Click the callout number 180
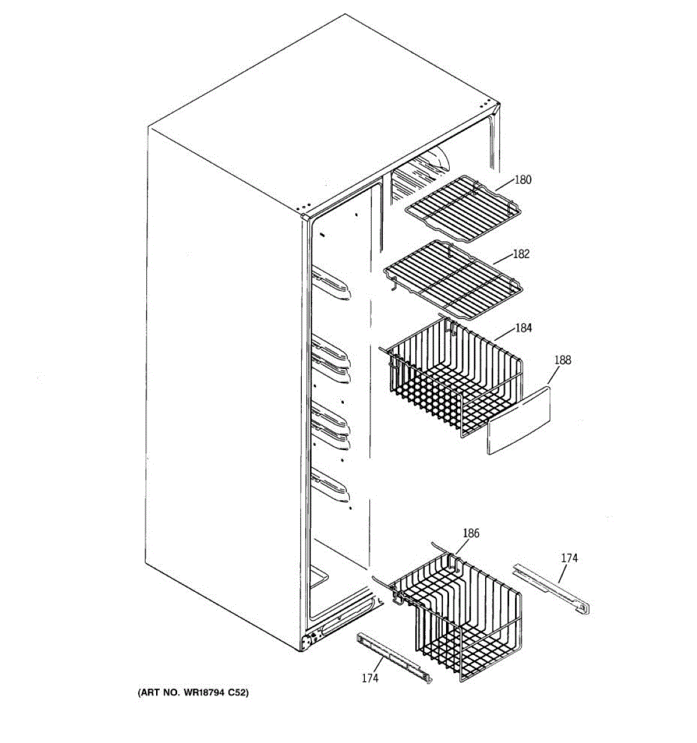click(523, 180)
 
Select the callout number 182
click(521, 254)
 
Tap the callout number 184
click(524, 328)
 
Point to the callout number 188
click(563, 360)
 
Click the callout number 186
click(471, 533)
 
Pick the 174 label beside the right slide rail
click(569, 558)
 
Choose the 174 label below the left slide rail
click(370, 679)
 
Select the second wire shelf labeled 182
click(452, 279)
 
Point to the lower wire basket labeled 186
click(458, 613)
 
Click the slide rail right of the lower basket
click(551, 588)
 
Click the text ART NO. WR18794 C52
click(193, 693)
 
